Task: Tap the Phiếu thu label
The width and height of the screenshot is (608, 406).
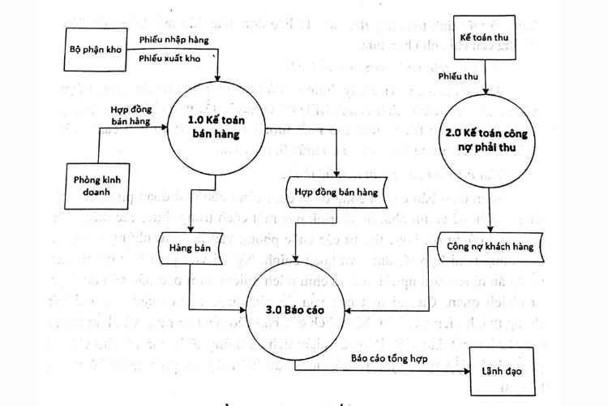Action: tap(456, 76)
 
